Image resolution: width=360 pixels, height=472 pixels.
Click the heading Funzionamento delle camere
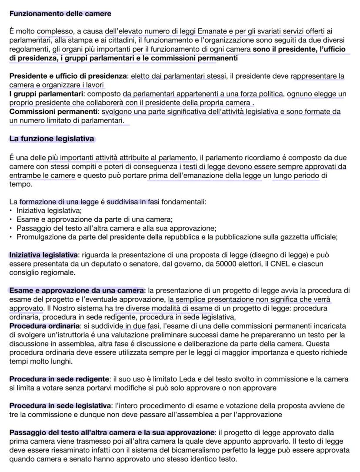60,13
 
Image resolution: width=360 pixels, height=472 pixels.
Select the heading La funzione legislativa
52,139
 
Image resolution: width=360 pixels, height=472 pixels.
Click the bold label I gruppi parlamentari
46,94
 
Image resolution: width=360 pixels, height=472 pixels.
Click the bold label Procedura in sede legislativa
60,406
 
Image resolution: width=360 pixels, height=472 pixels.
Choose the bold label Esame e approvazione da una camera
77,290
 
